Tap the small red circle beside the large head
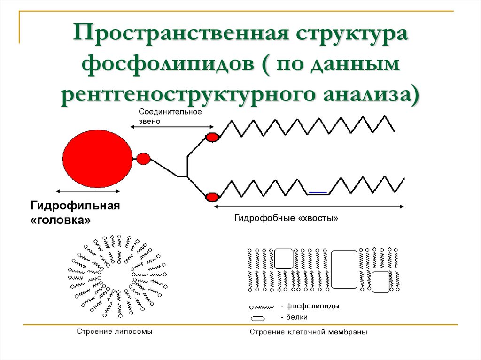pos(143,159)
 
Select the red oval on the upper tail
pos(212,137)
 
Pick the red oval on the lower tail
pos(212,197)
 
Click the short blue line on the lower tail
pos(318,192)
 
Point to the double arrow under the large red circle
pos(88,191)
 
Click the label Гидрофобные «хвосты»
pos(286,218)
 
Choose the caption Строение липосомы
pos(115,331)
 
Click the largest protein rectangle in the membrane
pos(344,269)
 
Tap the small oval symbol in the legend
pos(258,318)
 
